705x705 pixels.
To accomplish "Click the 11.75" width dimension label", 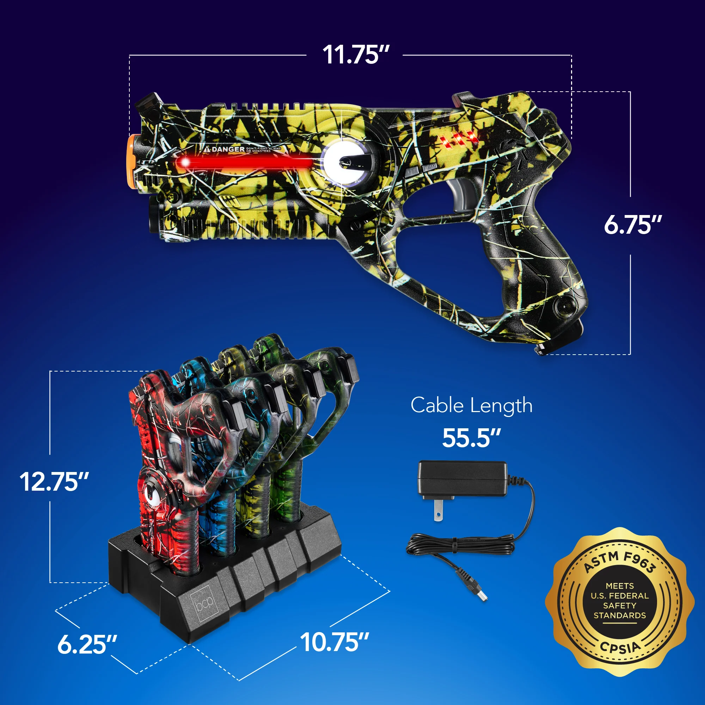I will (356, 55).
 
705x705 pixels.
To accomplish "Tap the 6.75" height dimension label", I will (632, 225).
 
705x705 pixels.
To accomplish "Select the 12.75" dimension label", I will (54, 482).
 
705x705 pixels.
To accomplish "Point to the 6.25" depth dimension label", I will (87, 644).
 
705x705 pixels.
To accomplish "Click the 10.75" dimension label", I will (334, 642).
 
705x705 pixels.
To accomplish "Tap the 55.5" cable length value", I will (471, 438).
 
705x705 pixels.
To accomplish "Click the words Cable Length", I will (471, 405).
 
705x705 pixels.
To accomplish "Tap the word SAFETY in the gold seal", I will (620, 605).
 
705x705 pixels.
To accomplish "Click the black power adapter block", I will (462, 478).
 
